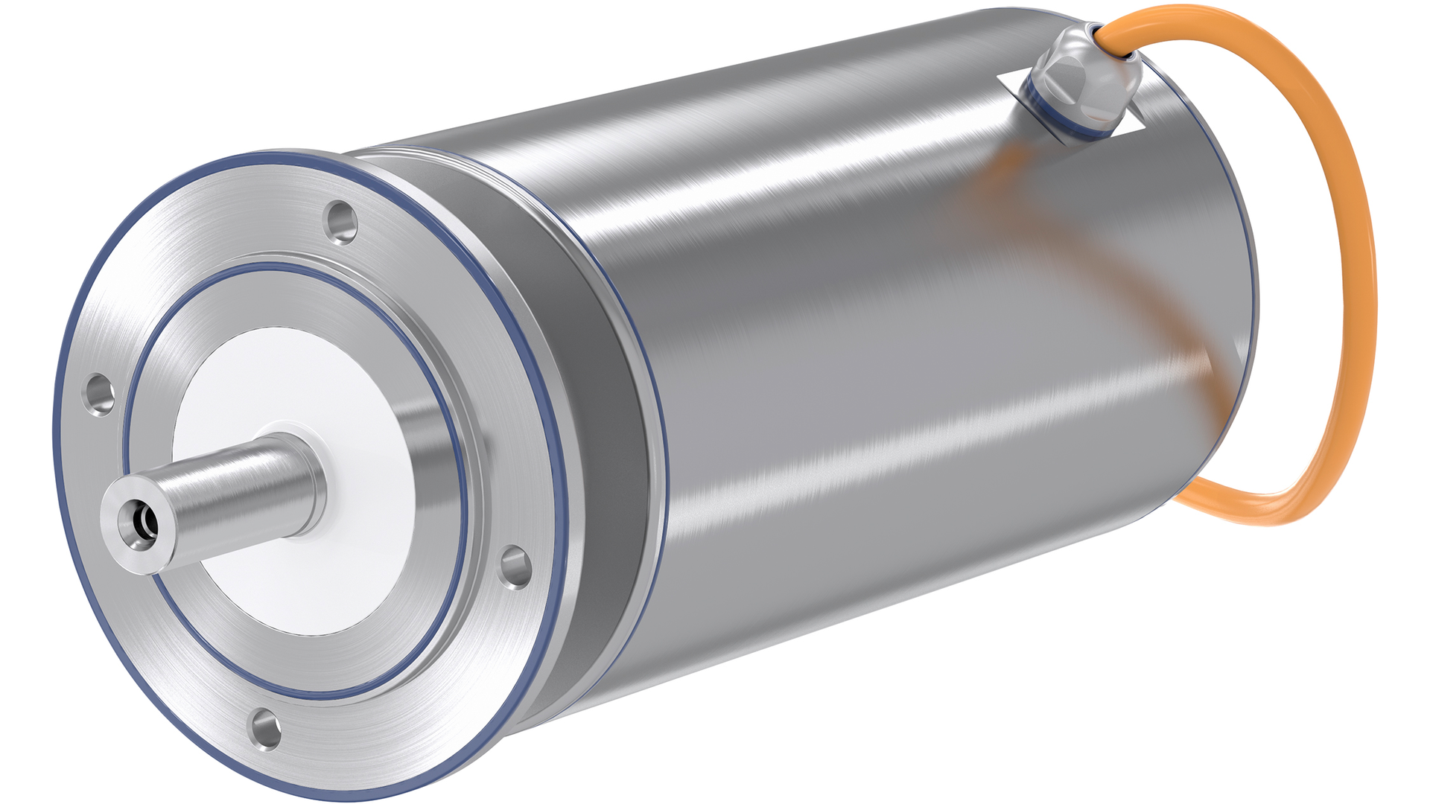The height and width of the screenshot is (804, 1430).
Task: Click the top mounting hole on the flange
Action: tap(342, 221)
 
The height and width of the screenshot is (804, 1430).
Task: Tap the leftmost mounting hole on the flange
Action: tap(100, 394)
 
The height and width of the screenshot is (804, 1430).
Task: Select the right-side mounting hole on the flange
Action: tap(514, 567)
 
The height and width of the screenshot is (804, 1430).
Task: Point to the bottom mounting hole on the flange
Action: tap(265, 729)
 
